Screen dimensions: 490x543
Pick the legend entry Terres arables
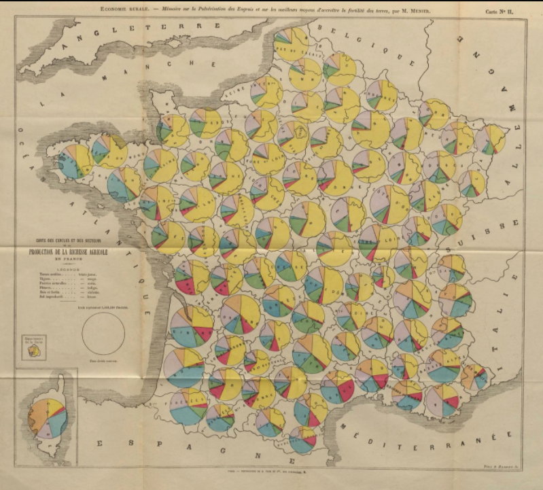(x=41, y=273)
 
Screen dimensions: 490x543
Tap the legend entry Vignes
(x=37, y=279)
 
